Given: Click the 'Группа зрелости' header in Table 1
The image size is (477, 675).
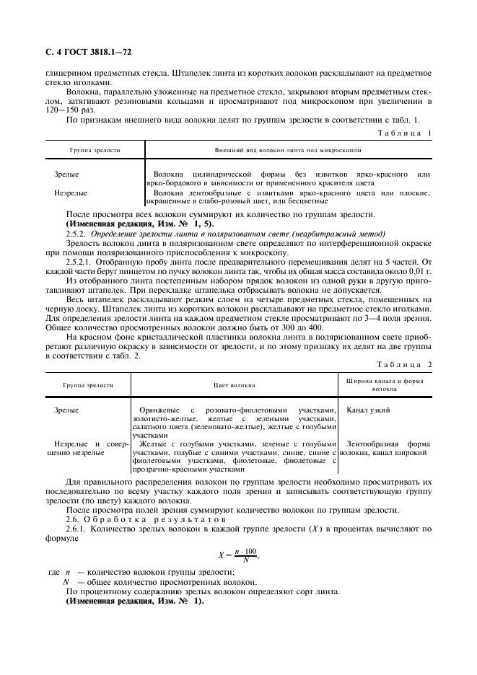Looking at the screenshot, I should coord(95,150).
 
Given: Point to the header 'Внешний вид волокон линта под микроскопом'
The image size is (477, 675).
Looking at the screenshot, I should coord(288,150).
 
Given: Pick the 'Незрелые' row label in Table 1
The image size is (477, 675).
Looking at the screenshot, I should coord(71,193).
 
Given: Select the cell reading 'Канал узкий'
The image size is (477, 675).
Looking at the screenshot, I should coord(368,410).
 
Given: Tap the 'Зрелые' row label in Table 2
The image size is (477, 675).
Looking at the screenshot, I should coord(66,410).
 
